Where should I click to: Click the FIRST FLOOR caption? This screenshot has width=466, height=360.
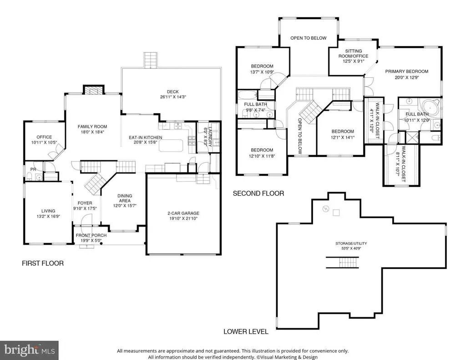tap(43, 264)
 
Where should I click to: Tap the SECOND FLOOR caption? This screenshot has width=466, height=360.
tap(258, 193)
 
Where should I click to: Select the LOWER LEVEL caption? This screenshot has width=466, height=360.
tap(246, 331)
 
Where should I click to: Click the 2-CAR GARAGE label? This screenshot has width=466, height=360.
tap(183, 213)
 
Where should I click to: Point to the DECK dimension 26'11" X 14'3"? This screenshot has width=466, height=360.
tap(172, 97)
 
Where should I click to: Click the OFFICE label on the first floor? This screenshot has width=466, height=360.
tap(44, 137)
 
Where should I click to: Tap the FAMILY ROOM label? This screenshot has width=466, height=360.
tap(92, 127)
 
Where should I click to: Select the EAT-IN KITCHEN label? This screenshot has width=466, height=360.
tap(145, 137)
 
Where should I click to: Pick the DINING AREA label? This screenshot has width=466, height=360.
tap(125, 198)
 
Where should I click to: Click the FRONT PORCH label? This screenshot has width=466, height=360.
tap(91, 235)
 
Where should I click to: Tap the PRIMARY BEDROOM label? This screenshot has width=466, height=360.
tap(406, 71)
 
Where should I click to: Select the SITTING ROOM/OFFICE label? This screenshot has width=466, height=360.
tap(353, 54)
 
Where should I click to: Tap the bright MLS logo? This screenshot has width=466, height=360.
tap(29, 350)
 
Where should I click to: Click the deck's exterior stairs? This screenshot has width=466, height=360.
tap(150, 60)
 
